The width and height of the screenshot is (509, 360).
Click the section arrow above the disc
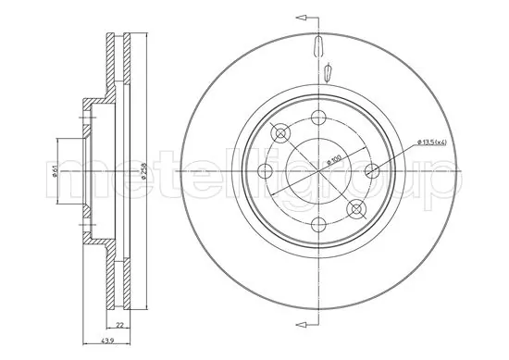(x=301, y=17)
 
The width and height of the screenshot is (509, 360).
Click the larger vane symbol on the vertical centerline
(x=317, y=48)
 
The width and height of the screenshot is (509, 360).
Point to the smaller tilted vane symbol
(x=329, y=70)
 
